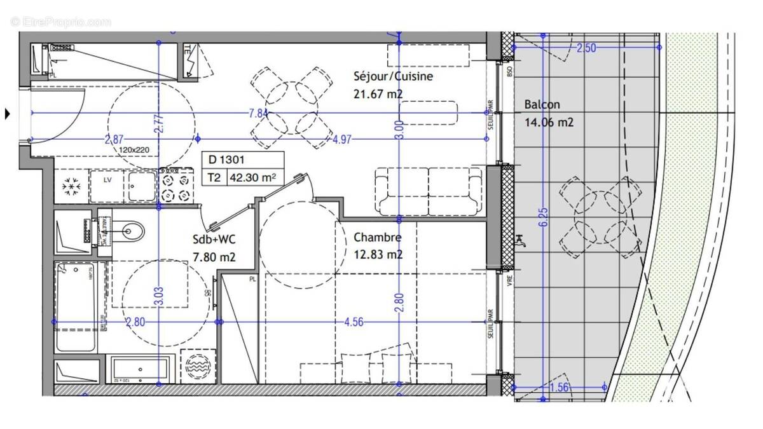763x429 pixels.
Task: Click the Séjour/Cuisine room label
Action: [393, 77]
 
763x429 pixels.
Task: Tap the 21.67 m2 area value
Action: [378, 94]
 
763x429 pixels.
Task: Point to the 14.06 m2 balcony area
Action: [549, 122]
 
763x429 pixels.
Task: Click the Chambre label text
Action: [377, 238]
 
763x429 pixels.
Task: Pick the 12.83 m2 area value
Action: [378, 255]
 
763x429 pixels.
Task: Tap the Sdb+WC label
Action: [214, 240]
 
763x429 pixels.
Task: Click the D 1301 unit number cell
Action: [225, 161]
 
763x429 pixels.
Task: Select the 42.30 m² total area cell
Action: [252, 179]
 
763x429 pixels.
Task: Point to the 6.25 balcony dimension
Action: [542, 220]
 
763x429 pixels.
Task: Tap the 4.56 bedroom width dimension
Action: [354, 322]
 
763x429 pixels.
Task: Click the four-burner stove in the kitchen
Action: [175, 186]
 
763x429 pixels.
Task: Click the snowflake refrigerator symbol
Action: [69, 187]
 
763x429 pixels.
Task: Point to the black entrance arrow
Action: [8, 114]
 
